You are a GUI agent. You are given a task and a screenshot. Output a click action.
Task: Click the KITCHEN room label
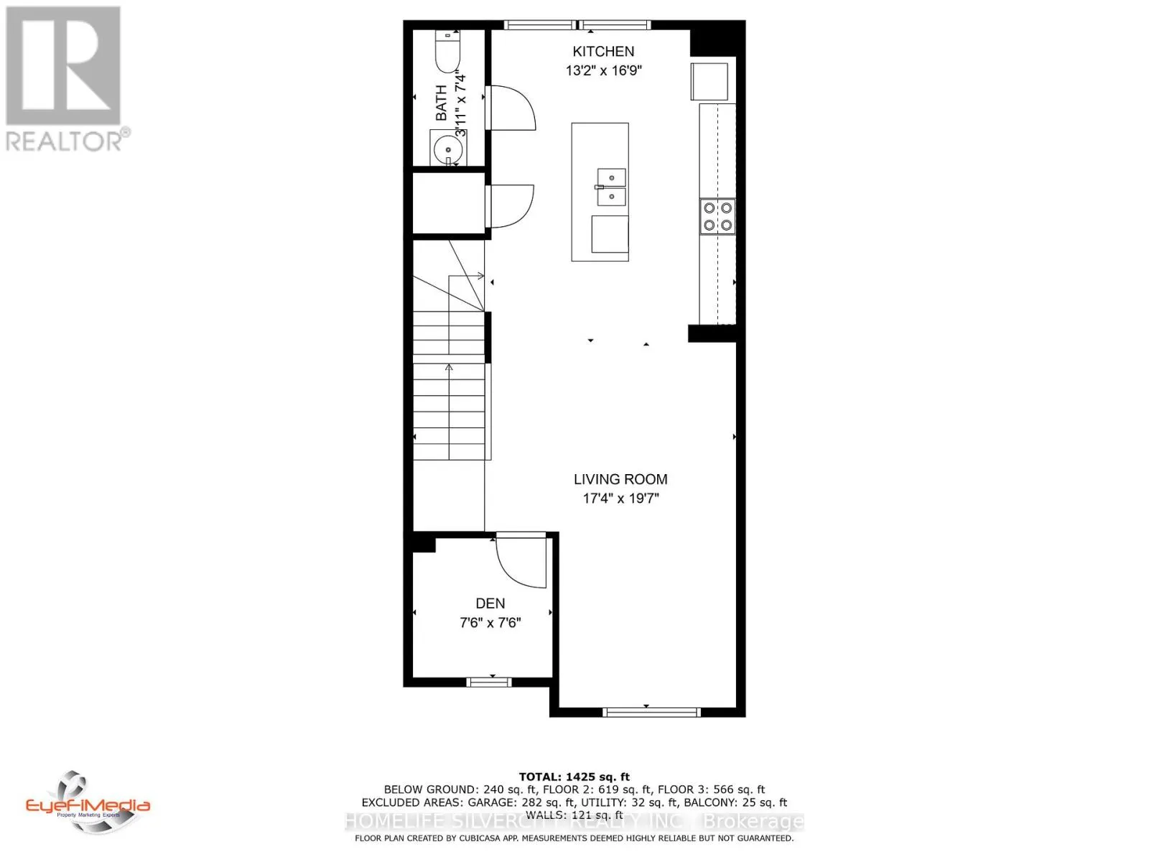point(603,51)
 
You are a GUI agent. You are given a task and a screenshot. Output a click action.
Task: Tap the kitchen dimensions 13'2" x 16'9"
point(603,70)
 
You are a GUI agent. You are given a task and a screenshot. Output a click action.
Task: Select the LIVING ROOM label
point(620,479)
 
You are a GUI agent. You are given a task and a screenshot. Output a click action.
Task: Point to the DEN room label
point(490,603)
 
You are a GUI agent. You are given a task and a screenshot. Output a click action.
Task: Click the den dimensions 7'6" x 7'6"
point(490,623)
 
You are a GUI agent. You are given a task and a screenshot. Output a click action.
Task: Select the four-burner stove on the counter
point(717,216)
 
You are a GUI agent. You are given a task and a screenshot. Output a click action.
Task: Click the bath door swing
point(511,108)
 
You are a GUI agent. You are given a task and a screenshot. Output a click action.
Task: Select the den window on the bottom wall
point(489,681)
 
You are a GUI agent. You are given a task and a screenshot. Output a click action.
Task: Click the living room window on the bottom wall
point(651,712)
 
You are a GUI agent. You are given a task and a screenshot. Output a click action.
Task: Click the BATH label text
point(441,103)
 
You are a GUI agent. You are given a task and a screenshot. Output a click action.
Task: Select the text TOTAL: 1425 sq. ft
point(574,777)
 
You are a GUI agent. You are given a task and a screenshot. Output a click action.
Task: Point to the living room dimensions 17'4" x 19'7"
point(620,499)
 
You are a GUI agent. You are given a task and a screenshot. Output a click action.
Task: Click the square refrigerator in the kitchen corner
point(710,80)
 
